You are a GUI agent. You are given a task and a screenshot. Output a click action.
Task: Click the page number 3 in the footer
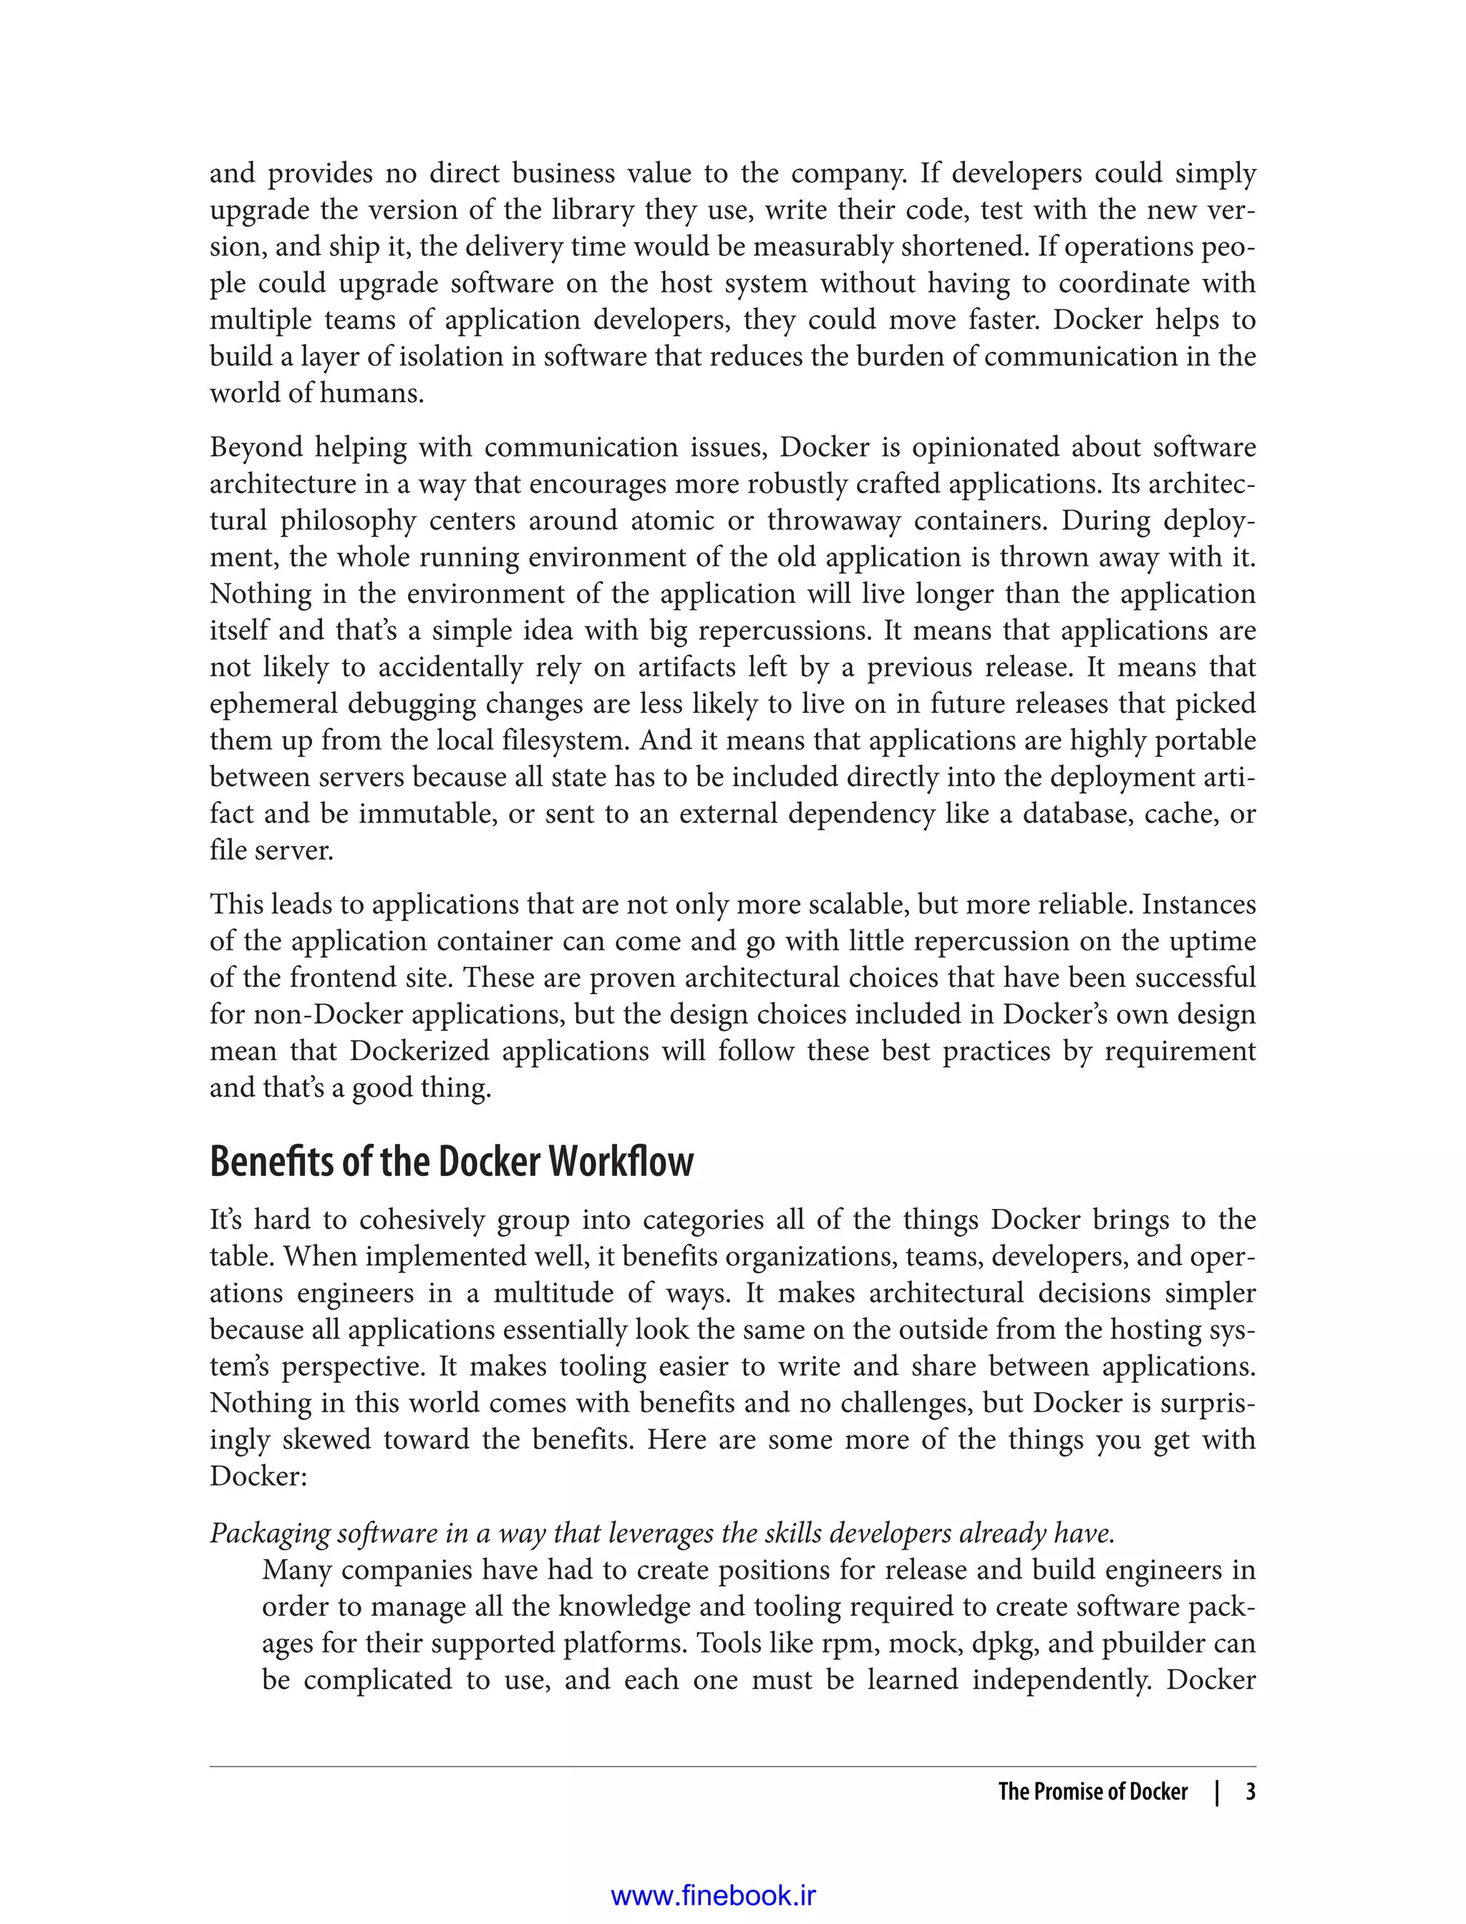1250,1792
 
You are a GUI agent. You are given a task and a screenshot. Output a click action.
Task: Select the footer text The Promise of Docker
1092,1792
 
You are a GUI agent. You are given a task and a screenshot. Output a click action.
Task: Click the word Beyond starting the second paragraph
256,447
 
